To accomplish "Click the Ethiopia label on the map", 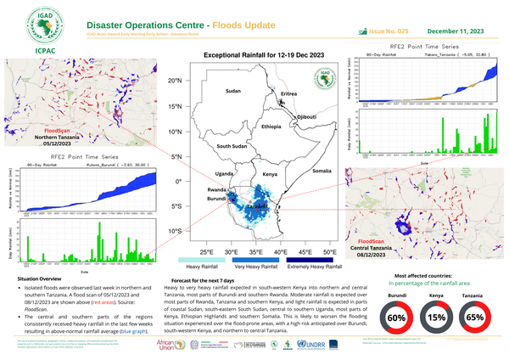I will tap(271, 126).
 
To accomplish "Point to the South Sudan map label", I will tap(232, 147).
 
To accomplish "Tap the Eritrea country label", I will tap(289, 93).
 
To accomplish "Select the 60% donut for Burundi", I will tap(396, 318).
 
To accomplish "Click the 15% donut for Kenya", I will tap(436, 318).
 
